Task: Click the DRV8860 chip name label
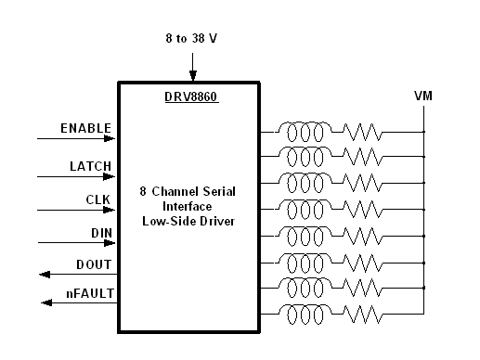point(191,95)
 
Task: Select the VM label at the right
point(423,96)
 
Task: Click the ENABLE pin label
point(85,128)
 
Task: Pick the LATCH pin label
point(90,166)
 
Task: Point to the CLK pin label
point(97,199)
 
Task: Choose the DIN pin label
point(99,232)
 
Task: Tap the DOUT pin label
point(93,264)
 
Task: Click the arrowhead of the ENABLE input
point(111,139)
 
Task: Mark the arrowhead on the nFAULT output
point(44,303)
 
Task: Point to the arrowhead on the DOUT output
point(44,275)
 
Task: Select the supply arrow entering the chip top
point(192,74)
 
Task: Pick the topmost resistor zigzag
point(363,132)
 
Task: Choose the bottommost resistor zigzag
point(363,314)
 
